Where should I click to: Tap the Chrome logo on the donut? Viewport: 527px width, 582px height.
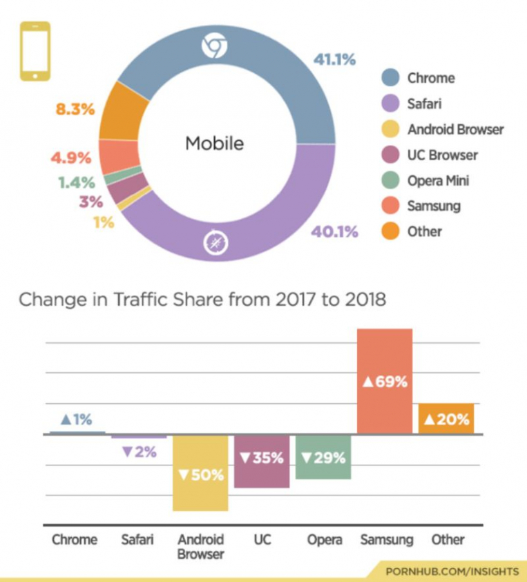214,46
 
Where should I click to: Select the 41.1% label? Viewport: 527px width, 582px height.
334,59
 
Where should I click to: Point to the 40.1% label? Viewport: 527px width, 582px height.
334,232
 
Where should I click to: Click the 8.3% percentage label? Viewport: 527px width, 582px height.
75,109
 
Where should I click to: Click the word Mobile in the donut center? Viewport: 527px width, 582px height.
214,144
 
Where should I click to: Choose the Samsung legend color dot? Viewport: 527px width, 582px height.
391,206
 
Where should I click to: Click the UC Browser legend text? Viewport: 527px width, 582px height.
443,155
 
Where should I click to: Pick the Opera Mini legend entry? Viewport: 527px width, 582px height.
438,180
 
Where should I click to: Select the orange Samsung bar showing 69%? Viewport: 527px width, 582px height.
384,381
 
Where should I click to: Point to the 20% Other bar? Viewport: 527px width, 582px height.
445,418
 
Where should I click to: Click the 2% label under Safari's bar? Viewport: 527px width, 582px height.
139,453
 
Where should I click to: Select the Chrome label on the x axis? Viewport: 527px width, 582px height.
75,539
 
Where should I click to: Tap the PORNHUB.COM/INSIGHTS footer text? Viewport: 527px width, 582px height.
452,572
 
